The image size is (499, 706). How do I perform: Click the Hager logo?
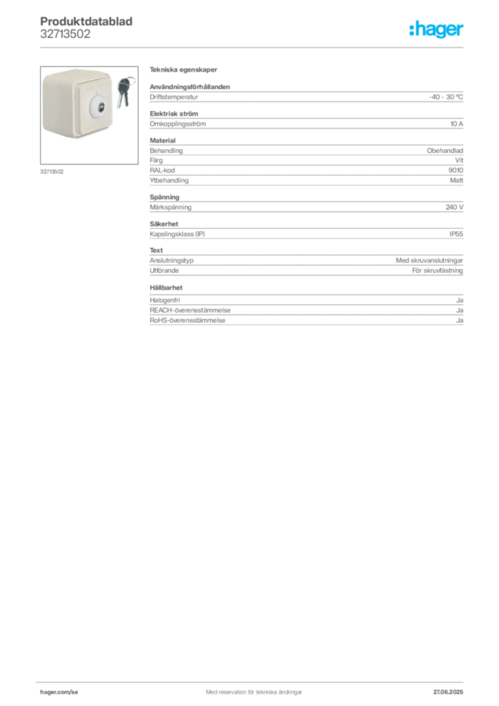pos(436,29)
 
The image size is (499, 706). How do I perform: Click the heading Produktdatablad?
pos(86,21)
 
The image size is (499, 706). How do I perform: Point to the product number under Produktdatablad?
pos(65,34)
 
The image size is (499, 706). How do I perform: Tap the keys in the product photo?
pos(125,92)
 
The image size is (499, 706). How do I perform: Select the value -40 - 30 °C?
pos(445,97)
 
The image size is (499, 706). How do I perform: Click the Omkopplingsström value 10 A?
pos(457,124)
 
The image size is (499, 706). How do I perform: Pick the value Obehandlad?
pos(445,150)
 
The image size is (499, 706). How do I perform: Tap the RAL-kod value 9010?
pos(456,170)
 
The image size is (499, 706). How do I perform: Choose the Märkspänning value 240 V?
pos(454,207)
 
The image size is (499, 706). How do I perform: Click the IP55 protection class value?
pos(456,234)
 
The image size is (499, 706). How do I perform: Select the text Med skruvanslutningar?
pos(429,260)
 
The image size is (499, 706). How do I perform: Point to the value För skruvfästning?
pos(438,270)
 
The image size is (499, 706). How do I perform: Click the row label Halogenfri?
pos(165,300)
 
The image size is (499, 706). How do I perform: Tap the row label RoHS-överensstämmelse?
pos(187,320)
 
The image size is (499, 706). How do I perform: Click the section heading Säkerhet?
pos(164,224)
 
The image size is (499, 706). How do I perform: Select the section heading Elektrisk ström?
pos(174,114)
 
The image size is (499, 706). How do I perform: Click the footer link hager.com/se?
pos(59,692)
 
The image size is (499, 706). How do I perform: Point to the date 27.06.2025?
pos(448,692)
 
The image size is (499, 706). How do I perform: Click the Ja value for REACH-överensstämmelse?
pos(460,310)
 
